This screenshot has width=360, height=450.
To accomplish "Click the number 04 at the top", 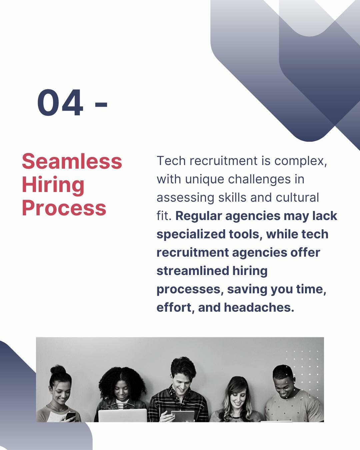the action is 60,102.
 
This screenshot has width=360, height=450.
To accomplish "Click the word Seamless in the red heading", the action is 72,161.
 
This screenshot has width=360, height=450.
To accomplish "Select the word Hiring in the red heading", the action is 53,185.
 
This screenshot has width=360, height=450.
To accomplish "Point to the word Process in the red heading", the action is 64,208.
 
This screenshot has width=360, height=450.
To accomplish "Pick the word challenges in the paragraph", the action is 259,179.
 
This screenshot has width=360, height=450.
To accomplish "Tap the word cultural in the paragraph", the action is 297,197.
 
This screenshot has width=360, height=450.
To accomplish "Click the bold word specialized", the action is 191,234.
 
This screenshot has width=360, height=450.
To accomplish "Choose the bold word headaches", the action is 259,307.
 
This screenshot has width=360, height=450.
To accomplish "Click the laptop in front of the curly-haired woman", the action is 123,415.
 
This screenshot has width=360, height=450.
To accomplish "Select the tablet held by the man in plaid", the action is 182,416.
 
